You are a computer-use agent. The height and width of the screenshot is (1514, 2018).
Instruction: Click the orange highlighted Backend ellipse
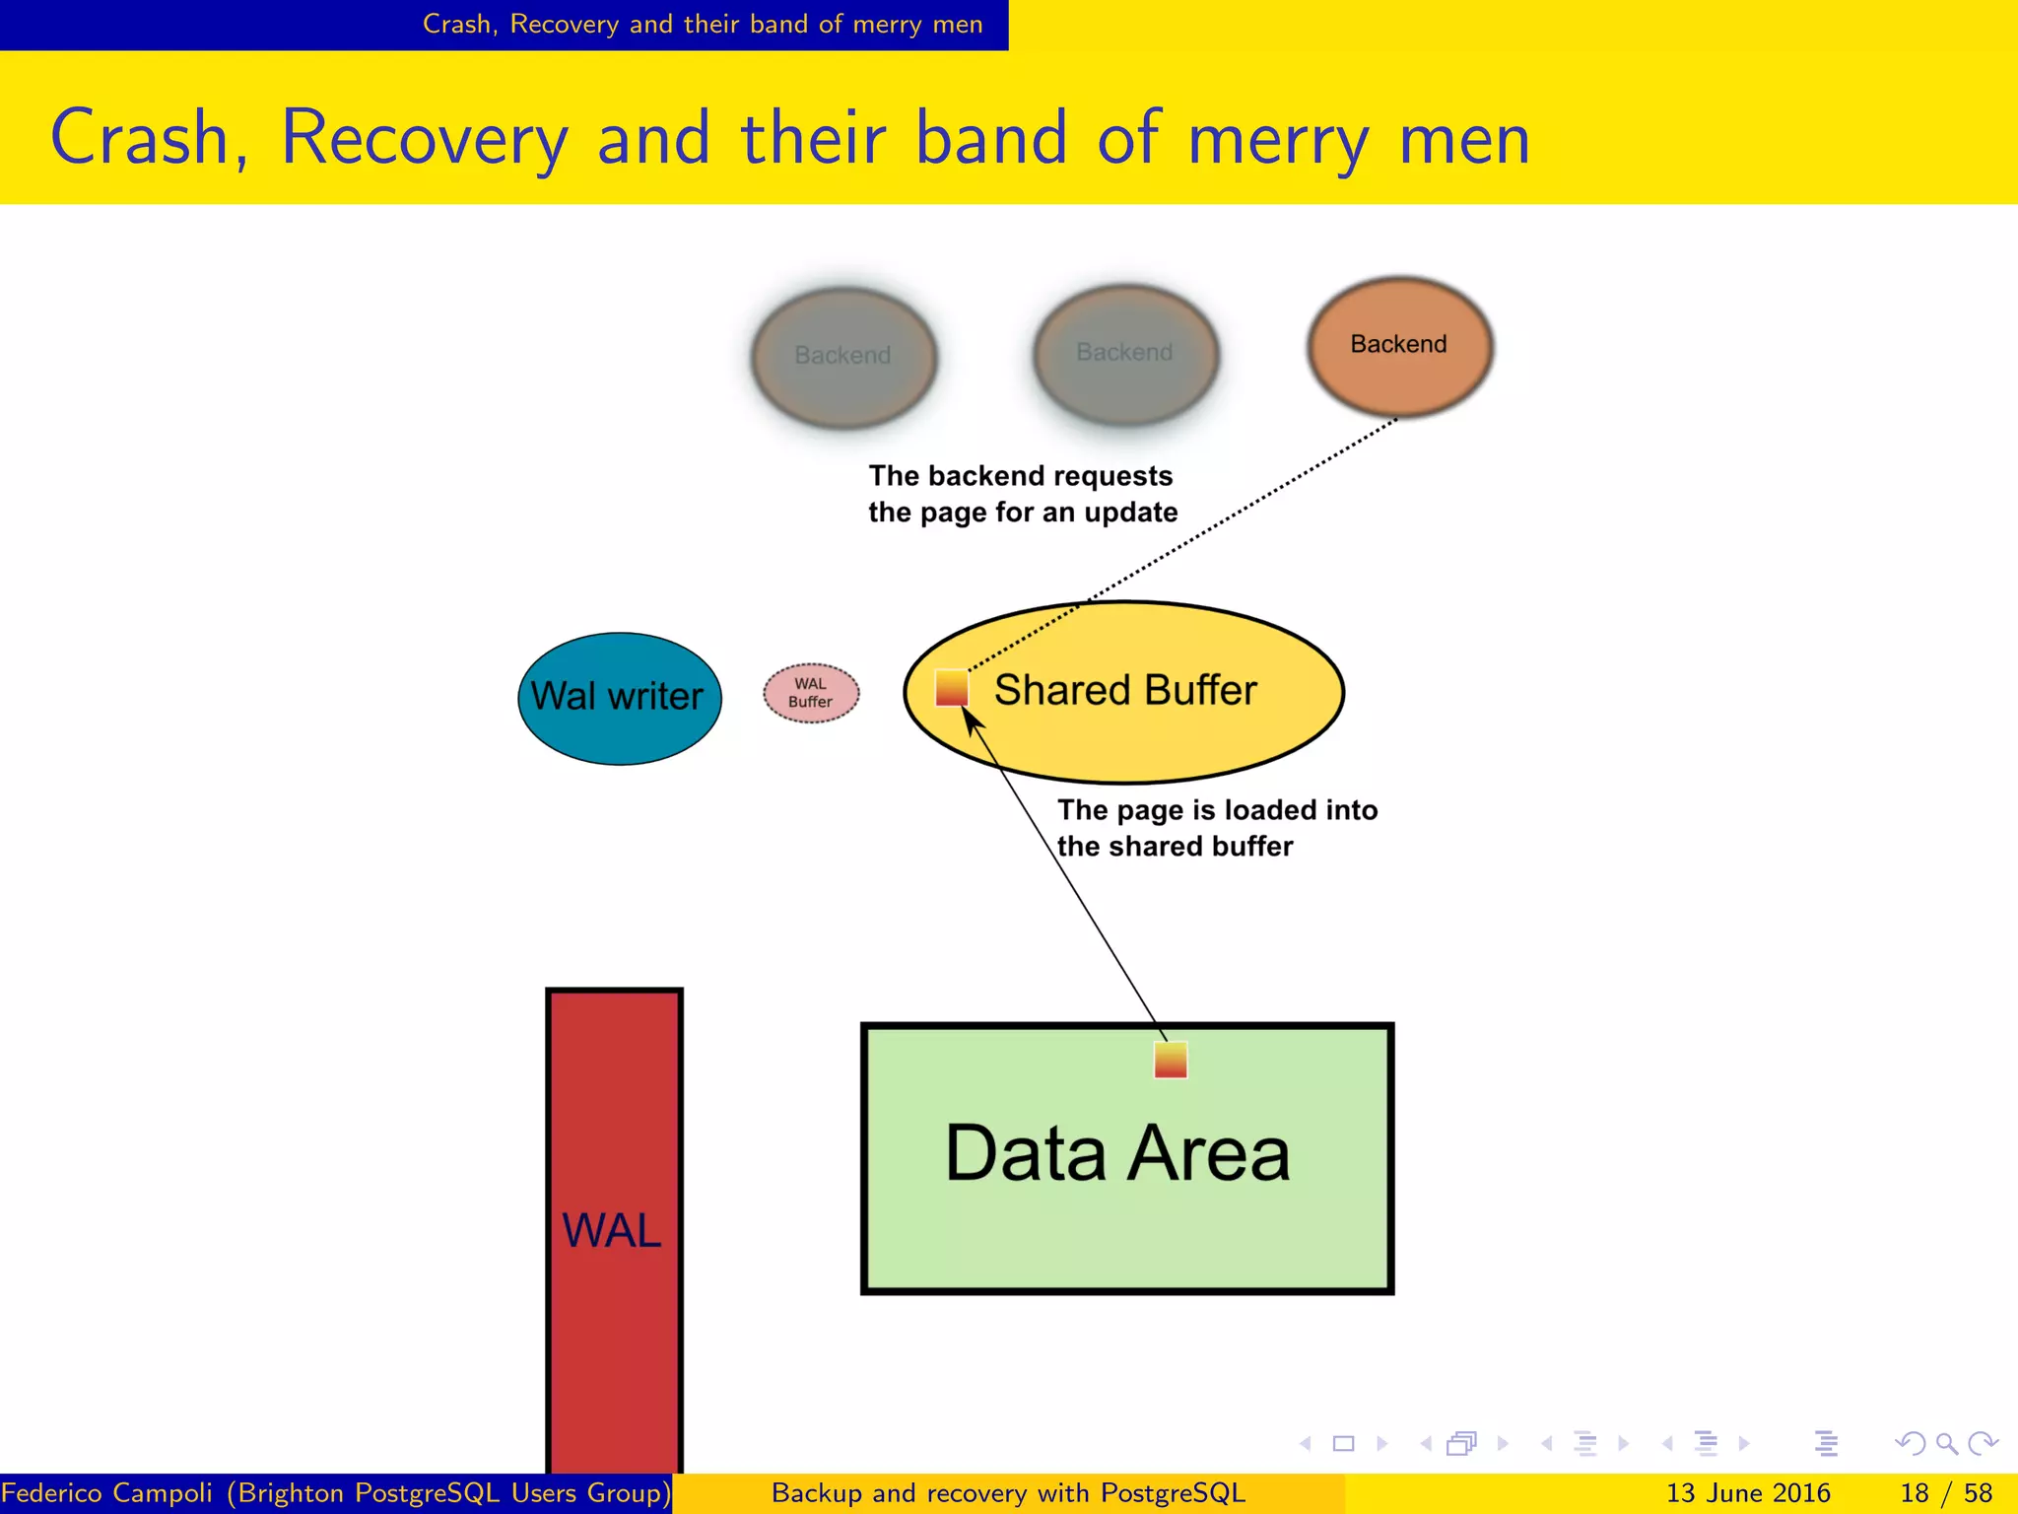click(x=1399, y=346)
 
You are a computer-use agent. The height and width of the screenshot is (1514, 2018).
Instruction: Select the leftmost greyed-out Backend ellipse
click(x=843, y=357)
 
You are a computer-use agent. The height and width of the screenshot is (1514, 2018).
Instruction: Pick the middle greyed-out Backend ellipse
click(x=1125, y=354)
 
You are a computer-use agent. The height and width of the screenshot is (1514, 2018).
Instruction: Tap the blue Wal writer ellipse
click(x=619, y=698)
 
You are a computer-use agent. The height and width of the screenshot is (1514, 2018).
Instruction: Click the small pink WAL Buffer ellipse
click(x=811, y=693)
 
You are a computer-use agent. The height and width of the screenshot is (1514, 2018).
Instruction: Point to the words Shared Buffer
click(x=1125, y=690)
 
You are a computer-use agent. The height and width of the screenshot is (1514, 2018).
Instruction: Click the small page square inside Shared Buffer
click(x=952, y=688)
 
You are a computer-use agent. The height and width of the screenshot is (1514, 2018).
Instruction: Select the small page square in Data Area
click(x=1171, y=1061)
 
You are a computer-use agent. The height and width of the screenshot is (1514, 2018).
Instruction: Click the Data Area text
click(x=1117, y=1153)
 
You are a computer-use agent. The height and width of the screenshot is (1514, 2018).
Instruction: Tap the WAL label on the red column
click(x=612, y=1230)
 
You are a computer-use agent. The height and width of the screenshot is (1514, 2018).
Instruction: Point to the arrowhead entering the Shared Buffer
click(x=972, y=721)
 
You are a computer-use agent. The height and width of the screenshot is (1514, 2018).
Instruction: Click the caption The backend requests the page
click(x=1022, y=494)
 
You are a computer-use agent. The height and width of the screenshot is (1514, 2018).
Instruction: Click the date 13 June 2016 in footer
click(x=1747, y=1493)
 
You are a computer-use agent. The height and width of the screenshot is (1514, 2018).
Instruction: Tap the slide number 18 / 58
click(x=1945, y=1493)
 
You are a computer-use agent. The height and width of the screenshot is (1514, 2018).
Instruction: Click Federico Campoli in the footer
click(x=107, y=1493)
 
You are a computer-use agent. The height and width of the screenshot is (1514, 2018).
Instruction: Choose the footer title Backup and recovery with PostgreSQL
click(x=1008, y=1493)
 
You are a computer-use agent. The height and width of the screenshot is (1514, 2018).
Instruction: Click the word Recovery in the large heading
click(x=425, y=138)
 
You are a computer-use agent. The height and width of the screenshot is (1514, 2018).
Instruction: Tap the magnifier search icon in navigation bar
click(x=1946, y=1444)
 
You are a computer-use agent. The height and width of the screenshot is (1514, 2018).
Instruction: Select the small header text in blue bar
click(x=702, y=24)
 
